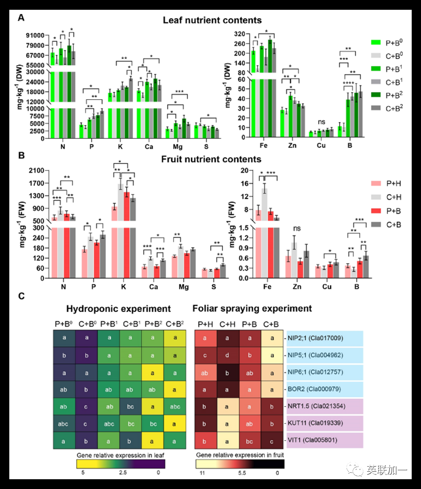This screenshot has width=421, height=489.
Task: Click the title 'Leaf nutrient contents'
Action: (212, 20)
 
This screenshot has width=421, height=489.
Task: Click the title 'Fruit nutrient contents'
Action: (212, 160)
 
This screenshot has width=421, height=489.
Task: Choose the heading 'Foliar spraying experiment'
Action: (252, 308)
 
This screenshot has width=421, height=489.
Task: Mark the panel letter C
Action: (20, 297)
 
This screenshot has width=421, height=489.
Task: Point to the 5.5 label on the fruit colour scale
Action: (239, 473)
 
